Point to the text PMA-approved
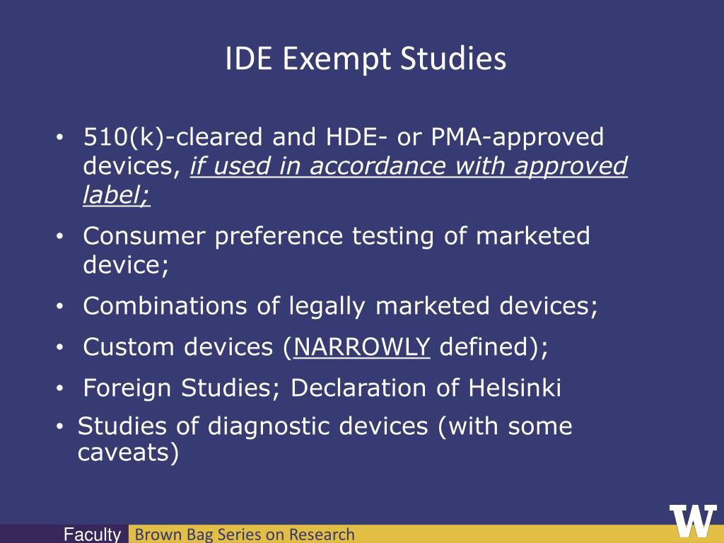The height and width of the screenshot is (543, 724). coord(517,138)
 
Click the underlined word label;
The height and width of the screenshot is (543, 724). coord(117,194)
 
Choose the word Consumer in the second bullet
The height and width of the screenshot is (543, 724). coord(144,235)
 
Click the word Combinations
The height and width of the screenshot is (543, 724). coord(165,305)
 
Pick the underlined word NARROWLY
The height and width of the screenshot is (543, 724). coord(362,346)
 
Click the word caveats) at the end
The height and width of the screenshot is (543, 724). coord(129,452)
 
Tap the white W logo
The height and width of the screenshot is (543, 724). coord(693,521)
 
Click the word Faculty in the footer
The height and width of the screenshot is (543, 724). coord(92,535)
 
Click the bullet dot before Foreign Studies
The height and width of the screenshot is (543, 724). coord(59,389)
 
